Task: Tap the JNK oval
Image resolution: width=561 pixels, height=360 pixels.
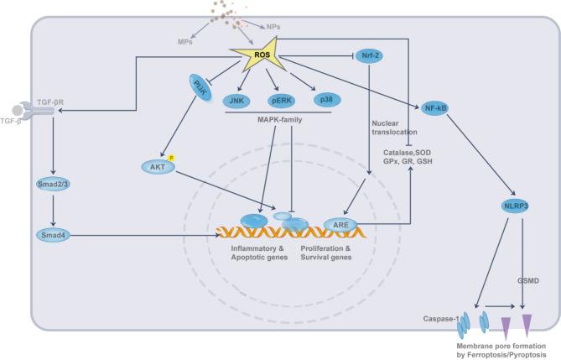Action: pyautogui.click(x=239, y=100)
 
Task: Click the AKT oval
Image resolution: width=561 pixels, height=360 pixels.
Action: pyautogui.click(x=158, y=168)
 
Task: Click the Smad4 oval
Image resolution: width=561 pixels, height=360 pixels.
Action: pyautogui.click(x=52, y=237)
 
